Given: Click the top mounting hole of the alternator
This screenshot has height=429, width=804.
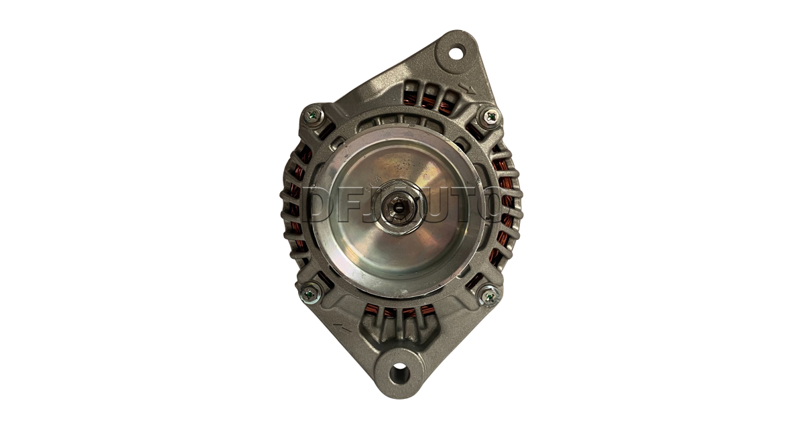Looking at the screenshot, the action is pyautogui.click(x=456, y=54).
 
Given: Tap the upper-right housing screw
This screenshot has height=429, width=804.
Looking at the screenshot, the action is pyautogui.click(x=490, y=117).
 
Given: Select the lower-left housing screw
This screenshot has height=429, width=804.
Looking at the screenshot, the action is pyautogui.click(x=310, y=294).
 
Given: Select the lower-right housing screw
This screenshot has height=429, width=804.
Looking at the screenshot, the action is pyautogui.click(x=490, y=296).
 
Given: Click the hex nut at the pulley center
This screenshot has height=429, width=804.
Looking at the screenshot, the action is pyautogui.click(x=399, y=207).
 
